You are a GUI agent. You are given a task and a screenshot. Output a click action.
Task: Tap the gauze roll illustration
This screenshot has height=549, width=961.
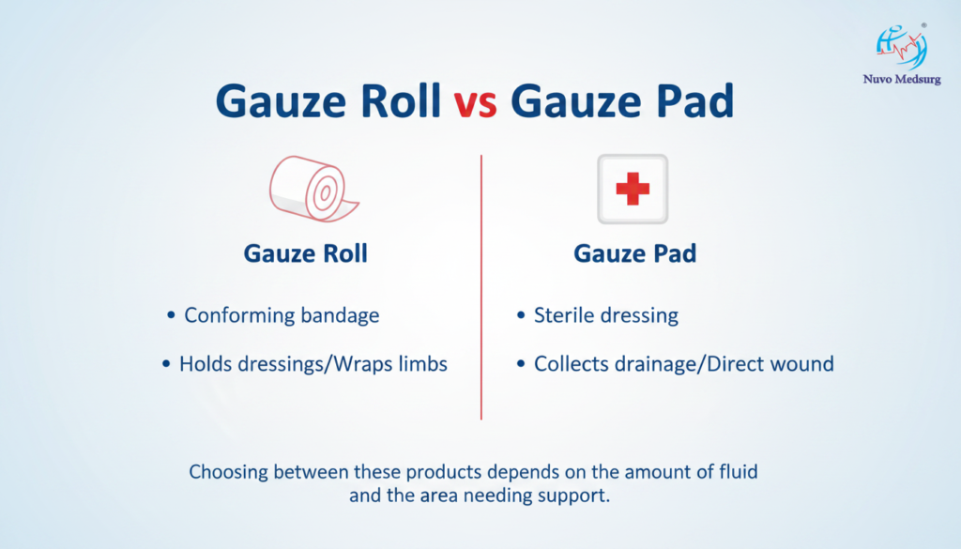[x=314, y=189]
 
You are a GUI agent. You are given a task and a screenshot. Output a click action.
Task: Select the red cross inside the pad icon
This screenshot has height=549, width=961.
[x=633, y=188]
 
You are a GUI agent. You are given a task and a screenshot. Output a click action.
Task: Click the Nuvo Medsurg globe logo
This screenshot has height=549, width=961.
[x=901, y=47]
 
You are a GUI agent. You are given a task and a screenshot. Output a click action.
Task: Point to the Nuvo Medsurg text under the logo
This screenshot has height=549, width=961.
[x=902, y=79]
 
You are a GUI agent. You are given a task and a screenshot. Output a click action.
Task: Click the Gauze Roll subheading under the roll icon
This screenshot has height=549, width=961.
[x=305, y=253]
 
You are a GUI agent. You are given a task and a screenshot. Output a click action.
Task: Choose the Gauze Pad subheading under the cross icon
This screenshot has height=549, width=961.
[x=635, y=253]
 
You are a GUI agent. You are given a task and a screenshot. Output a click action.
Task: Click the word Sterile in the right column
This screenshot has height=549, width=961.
[x=563, y=315]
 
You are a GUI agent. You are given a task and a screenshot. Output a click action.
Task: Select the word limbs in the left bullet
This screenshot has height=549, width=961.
[x=422, y=364]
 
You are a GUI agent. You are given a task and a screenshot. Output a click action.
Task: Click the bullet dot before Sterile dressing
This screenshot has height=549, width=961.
[x=521, y=315]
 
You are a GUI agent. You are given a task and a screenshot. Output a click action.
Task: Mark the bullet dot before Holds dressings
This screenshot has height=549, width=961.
[x=166, y=364]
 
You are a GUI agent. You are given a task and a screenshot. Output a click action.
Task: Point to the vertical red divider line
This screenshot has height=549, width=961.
[x=481, y=287]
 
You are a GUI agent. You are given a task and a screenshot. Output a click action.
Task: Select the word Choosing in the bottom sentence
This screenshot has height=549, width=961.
[x=228, y=472]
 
